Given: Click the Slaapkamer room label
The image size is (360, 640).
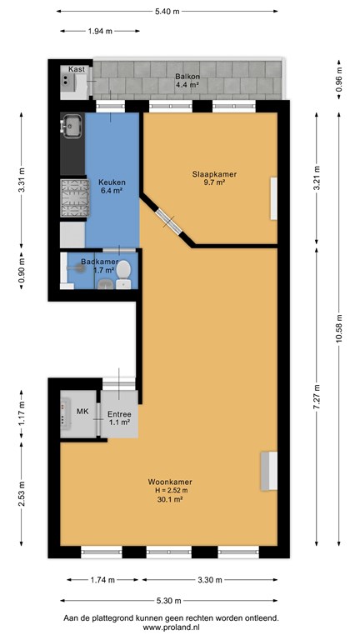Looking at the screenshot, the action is (214, 174).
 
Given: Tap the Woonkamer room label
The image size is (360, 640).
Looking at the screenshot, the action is (170, 482).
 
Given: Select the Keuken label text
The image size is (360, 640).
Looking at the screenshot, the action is (112, 182).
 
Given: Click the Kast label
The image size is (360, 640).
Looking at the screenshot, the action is (77, 69).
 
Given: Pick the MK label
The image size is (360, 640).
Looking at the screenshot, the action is (82, 411).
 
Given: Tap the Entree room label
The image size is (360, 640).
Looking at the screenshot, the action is (119, 414).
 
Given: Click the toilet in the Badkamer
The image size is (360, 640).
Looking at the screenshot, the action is (123, 274).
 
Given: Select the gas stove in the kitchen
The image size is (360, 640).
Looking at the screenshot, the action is (74, 198).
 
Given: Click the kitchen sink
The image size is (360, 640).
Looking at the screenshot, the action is (72, 126).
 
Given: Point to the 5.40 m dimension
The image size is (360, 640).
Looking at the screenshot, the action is (167, 12).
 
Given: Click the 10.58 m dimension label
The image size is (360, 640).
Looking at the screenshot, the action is (339, 329).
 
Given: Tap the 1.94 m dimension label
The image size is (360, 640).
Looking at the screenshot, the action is (100, 31).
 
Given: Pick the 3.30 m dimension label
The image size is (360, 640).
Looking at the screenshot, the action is (210, 580).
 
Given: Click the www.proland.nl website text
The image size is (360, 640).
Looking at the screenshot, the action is (171, 627).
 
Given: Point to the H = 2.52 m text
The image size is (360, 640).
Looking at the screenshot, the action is (168, 491).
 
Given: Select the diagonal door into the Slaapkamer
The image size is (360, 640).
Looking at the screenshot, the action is (169, 222).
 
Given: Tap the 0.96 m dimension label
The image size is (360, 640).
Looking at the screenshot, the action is (339, 80).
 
